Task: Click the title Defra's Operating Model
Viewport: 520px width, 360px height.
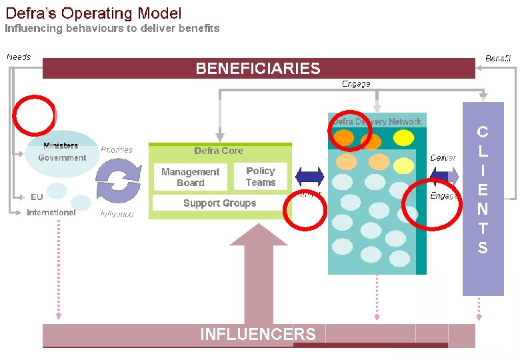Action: tap(93, 13)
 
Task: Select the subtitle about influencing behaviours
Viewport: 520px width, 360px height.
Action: tap(112, 29)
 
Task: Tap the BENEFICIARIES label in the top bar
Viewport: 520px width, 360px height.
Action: tap(258, 69)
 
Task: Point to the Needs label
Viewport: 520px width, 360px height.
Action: tap(19, 57)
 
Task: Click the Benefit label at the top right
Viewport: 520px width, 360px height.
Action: tap(498, 59)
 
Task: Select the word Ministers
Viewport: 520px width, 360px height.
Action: tap(61, 145)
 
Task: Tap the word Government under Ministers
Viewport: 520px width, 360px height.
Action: tap(62, 158)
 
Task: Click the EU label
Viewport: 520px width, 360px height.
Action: tap(37, 197)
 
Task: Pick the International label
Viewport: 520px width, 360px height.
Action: tap(51, 213)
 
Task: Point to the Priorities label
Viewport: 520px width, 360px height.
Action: tap(117, 150)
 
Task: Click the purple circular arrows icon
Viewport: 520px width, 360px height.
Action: tap(119, 181)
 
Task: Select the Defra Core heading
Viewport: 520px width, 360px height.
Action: tap(219, 151)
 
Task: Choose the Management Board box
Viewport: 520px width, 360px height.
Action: tap(190, 177)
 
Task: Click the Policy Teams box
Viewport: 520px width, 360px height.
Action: tap(261, 177)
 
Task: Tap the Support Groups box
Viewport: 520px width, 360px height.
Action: tap(219, 203)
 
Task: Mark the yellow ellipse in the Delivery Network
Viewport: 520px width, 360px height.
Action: tap(404, 138)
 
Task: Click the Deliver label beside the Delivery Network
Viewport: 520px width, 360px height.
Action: tap(443, 158)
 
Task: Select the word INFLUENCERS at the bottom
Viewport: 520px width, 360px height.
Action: tap(258, 334)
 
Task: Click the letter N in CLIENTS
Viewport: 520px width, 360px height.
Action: tap(483, 209)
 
